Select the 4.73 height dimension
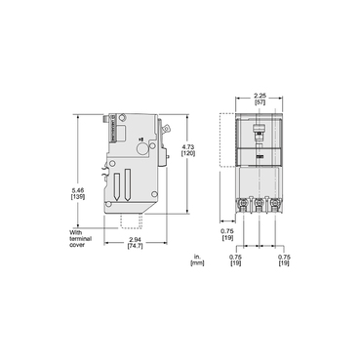tap(187, 147)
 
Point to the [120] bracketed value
tap(187, 155)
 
